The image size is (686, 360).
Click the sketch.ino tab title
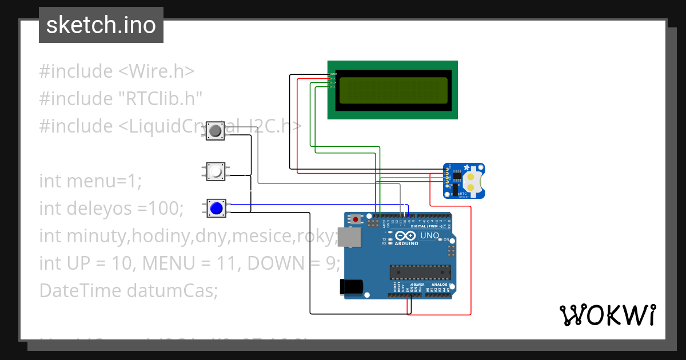[x=101, y=25]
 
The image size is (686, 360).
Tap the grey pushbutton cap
[x=216, y=132]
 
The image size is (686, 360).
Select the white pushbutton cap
[x=216, y=171]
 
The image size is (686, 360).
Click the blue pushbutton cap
[x=216, y=209]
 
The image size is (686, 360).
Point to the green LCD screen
[x=393, y=90]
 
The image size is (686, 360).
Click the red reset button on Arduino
[x=357, y=219]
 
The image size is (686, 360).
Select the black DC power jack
[x=350, y=286]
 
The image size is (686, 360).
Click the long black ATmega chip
[x=420, y=273]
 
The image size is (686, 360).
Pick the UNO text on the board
[x=430, y=236]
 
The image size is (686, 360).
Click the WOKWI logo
[x=607, y=315]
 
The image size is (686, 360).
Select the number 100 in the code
[x=165, y=209]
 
